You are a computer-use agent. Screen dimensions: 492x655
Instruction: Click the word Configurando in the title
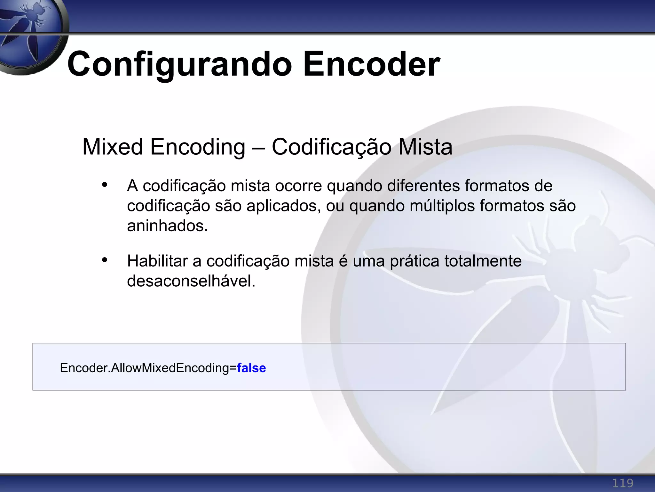pyautogui.click(x=179, y=65)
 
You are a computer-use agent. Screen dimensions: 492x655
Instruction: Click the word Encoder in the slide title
pyautogui.click(x=371, y=65)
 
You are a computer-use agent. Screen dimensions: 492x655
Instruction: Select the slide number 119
pyautogui.click(x=622, y=483)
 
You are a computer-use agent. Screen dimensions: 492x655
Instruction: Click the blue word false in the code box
pyautogui.click(x=251, y=368)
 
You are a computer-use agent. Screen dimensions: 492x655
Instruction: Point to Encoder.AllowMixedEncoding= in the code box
pyautogui.click(x=148, y=368)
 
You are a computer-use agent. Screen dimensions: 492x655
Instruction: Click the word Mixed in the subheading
pyautogui.click(x=112, y=147)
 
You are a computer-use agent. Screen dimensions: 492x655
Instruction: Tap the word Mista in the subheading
pyautogui.click(x=425, y=147)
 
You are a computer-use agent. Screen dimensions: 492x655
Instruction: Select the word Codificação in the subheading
pyautogui.click(x=331, y=147)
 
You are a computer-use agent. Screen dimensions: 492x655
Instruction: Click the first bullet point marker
pyautogui.click(x=104, y=185)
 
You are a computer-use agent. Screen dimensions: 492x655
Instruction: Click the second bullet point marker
pyautogui.click(x=104, y=260)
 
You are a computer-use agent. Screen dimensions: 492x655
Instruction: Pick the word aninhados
pyautogui.click(x=167, y=226)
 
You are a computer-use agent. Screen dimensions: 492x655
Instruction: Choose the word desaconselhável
pyautogui.click(x=191, y=281)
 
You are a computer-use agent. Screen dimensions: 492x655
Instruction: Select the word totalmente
pyautogui.click(x=483, y=261)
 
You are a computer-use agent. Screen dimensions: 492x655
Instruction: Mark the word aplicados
pyautogui.click(x=283, y=206)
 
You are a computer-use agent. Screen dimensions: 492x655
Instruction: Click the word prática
pyautogui.click(x=414, y=261)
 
